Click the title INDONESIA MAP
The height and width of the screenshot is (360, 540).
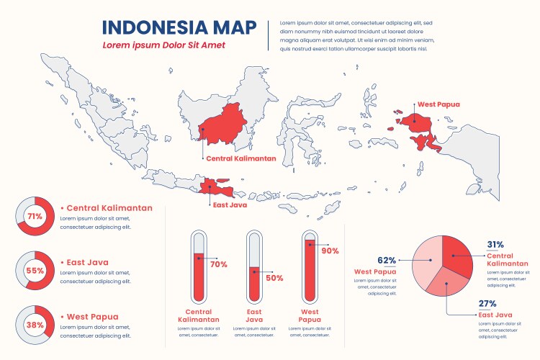click(179, 27)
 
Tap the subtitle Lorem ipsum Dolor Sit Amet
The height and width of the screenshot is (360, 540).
click(163, 45)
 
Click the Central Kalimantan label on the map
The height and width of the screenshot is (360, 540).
click(240, 158)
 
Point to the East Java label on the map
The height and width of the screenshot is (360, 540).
click(230, 204)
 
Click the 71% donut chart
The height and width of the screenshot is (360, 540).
click(35, 216)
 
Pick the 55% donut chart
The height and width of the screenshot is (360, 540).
click(35, 271)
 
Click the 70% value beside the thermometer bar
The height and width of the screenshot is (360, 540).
click(218, 264)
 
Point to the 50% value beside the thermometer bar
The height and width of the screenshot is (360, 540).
click(274, 278)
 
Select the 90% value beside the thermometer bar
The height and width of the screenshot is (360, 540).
click(330, 251)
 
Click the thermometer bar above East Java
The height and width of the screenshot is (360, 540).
click(253, 267)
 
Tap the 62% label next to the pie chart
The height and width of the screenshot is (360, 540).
click(387, 261)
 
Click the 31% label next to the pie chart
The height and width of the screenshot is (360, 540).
click(495, 244)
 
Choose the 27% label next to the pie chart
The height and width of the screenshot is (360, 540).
click(487, 303)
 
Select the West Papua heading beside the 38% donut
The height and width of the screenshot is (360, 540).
click(94, 317)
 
